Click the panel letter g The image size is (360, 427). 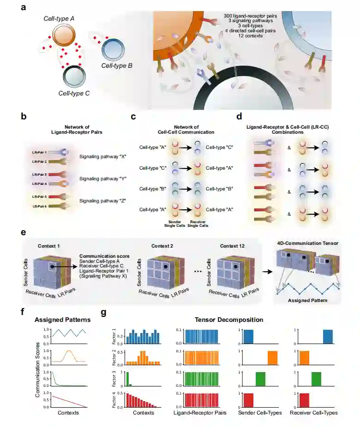point(104,312)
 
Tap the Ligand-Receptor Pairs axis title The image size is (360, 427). point(200,413)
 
